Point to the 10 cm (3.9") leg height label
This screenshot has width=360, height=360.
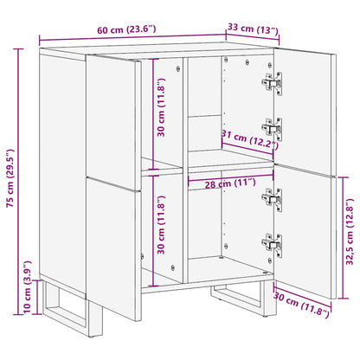click(x=27, y=291)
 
